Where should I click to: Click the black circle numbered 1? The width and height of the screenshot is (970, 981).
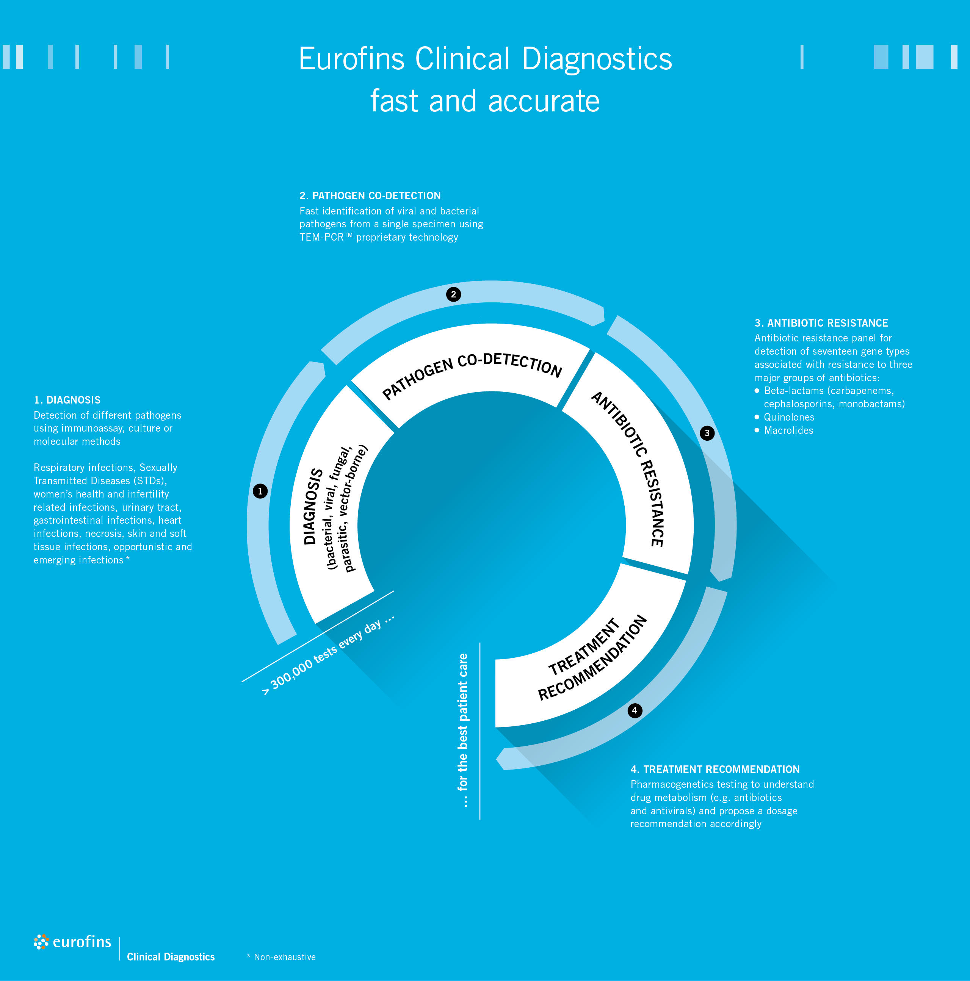click(260, 491)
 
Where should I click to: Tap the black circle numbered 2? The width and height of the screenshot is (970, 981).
click(453, 294)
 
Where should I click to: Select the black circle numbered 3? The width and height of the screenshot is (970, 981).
click(707, 433)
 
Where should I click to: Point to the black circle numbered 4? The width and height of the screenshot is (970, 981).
click(634, 710)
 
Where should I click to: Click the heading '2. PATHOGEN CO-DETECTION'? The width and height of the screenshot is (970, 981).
click(370, 196)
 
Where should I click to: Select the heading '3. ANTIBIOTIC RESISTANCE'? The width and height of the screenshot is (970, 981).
click(821, 323)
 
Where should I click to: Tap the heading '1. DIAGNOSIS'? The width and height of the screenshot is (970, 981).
click(67, 400)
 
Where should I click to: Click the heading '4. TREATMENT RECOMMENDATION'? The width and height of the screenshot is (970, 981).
click(715, 769)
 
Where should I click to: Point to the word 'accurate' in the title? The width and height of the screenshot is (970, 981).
click(544, 101)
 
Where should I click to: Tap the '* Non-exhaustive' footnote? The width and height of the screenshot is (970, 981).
click(281, 957)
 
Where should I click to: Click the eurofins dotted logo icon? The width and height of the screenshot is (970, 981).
click(41, 942)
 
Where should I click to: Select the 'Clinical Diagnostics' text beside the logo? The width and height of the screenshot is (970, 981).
click(171, 957)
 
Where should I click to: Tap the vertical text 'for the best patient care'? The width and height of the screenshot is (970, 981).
click(463, 730)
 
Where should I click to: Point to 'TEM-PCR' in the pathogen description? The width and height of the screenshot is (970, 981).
click(322, 237)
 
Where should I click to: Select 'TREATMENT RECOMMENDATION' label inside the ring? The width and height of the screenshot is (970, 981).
click(592, 659)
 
